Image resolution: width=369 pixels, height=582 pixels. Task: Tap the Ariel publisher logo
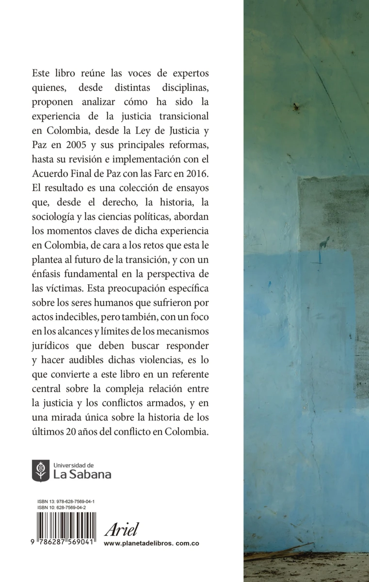[x=122, y=528]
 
